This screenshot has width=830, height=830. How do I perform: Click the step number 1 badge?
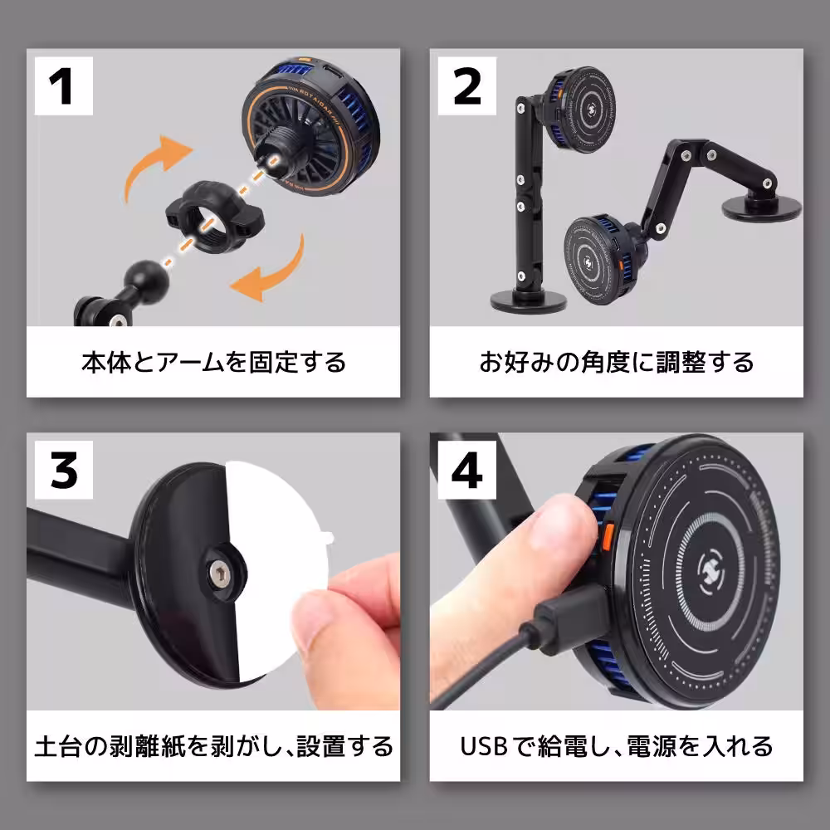coord(62,86)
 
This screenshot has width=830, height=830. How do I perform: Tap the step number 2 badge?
coord(467,86)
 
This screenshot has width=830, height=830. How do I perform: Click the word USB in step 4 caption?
coord(484,745)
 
